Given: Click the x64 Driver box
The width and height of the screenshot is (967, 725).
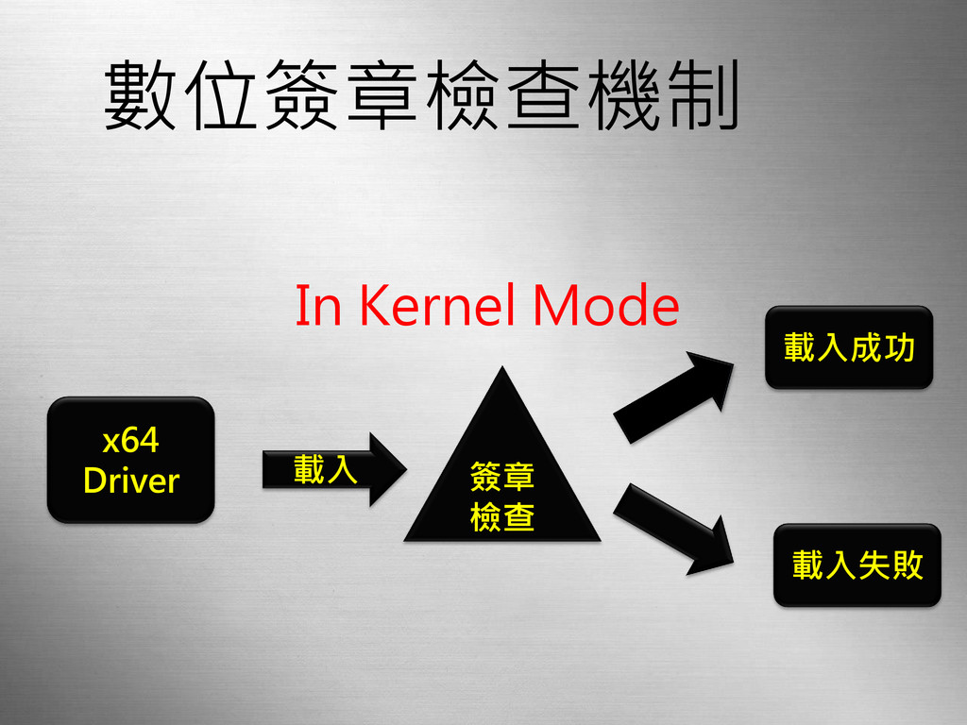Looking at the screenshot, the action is coord(130,460).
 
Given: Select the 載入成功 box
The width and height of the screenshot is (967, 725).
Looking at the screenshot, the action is coord(848,347).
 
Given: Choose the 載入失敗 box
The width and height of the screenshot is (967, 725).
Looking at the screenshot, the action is coord(857,565).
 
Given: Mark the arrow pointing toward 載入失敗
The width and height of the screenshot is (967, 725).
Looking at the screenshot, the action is coord(675,528).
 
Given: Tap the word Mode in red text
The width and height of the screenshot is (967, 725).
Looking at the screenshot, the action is coord(606,306).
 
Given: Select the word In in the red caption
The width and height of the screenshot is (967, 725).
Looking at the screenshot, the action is coord(317,306).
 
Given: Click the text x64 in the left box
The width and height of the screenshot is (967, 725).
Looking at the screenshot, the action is coord(130,440).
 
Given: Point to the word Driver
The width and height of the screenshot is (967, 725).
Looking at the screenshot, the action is coord(130,481).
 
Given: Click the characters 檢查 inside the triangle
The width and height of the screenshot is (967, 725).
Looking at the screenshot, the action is coord(502,517).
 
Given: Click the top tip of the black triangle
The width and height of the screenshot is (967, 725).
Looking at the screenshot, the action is coord(503,370).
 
